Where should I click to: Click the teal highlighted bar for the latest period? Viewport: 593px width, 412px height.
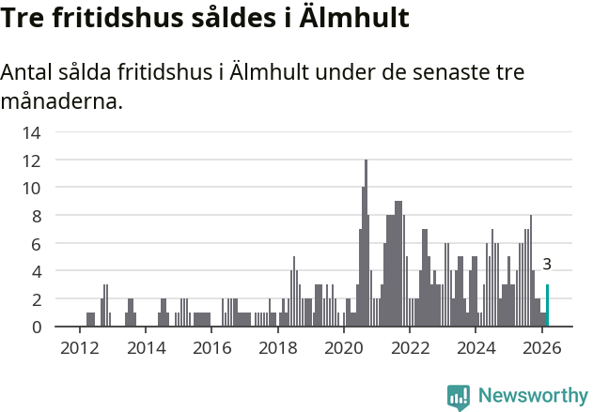547,306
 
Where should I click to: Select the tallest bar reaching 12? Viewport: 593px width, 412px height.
366,244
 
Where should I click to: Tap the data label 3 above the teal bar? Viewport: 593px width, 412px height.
547,265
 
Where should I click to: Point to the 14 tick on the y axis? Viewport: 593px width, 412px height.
31,132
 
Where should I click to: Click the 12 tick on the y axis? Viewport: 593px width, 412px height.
31,160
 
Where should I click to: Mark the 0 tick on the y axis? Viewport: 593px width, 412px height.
35,327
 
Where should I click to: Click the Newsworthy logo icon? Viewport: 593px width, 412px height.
459,396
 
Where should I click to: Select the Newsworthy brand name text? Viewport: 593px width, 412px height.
532,396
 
